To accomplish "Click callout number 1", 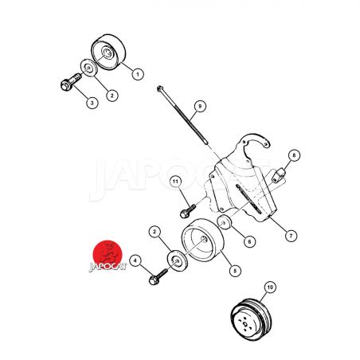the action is (x=138, y=74).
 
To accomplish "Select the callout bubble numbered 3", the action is (x=92, y=103).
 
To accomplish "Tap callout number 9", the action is (x=200, y=107).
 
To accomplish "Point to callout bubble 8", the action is (x=294, y=155).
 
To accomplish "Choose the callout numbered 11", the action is (x=175, y=182).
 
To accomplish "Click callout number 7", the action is (x=291, y=236).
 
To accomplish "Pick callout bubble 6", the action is (x=249, y=241).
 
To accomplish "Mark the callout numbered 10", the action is (x=270, y=288).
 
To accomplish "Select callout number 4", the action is (x=135, y=261).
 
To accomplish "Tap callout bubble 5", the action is (x=235, y=271).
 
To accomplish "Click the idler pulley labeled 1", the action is (x=108, y=52).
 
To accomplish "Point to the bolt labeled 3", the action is (x=70, y=82).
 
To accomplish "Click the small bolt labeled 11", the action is (x=187, y=211).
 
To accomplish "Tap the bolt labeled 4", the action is (x=158, y=276).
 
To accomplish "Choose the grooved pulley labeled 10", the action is (x=251, y=319).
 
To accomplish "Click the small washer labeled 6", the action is (x=225, y=222).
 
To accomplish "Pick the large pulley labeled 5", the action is (x=203, y=240).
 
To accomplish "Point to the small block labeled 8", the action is (x=279, y=174).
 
